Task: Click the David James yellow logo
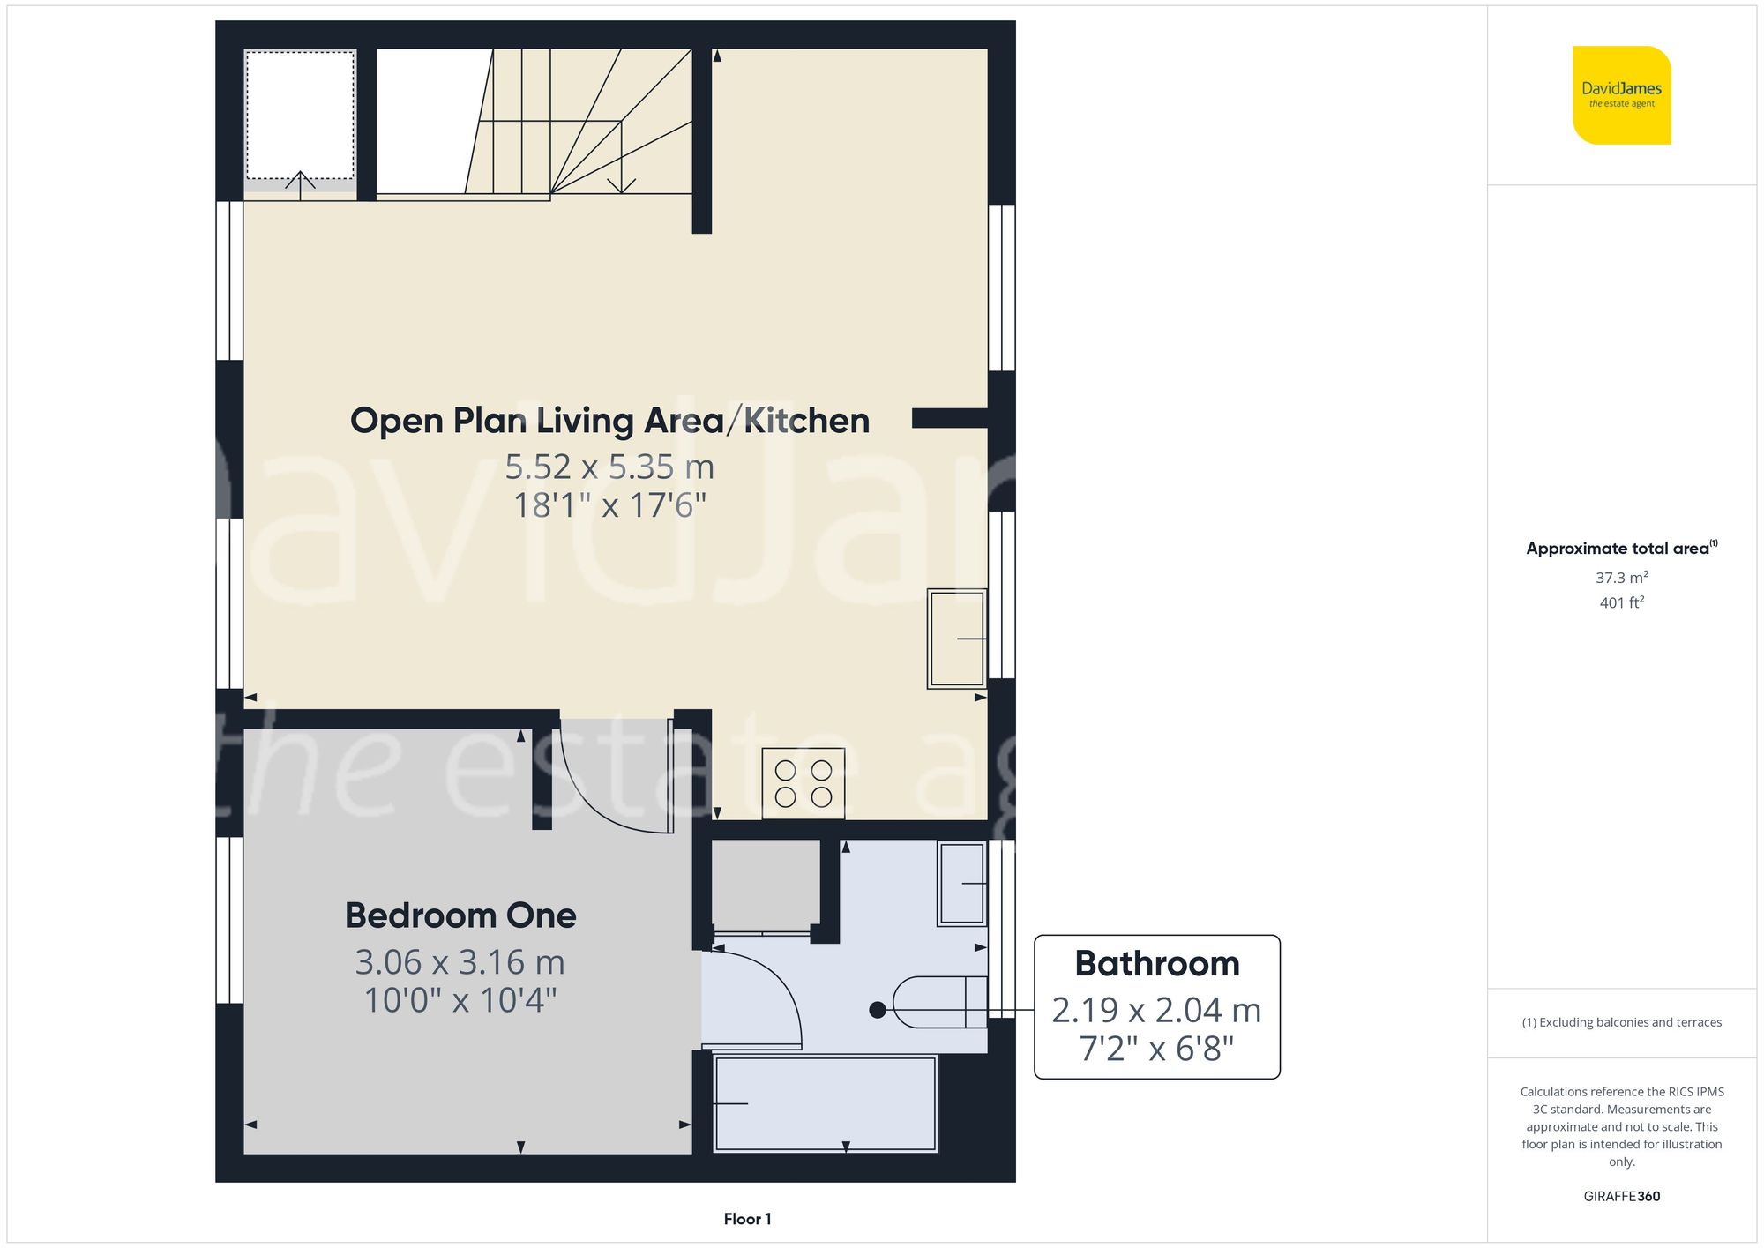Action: click(x=1621, y=95)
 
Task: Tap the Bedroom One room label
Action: click(x=460, y=915)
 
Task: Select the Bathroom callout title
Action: click(x=1157, y=963)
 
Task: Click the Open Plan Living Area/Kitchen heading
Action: click(x=609, y=421)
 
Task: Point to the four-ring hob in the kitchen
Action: click(x=803, y=783)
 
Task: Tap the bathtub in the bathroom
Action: click(x=826, y=1104)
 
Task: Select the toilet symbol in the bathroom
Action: click(x=940, y=1002)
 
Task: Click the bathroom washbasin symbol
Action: click(x=961, y=884)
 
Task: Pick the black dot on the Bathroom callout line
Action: click(x=877, y=1010)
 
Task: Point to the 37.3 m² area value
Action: click(x=1621, y=578)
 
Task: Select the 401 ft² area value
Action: click(x=1621, y=602)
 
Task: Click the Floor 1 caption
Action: click(x=747, y=1219)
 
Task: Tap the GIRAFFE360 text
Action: click(x=1621, y=1196)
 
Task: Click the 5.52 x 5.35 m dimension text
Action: click(x=609, y=467)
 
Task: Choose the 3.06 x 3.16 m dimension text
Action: click(x=460, y=962)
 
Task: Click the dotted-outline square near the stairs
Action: click(x=300, y=116)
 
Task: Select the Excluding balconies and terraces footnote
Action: click(x=1621, y=1022)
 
